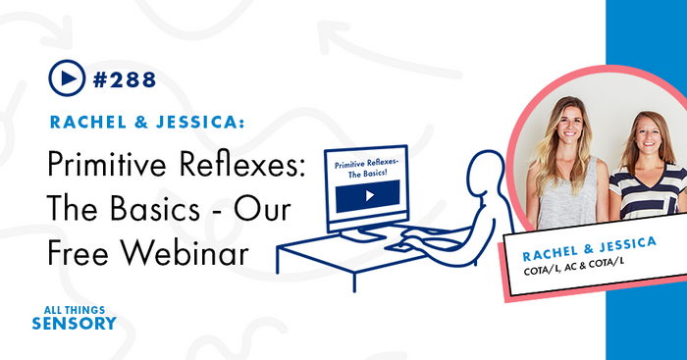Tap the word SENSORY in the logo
73,322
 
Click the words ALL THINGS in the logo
73,307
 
